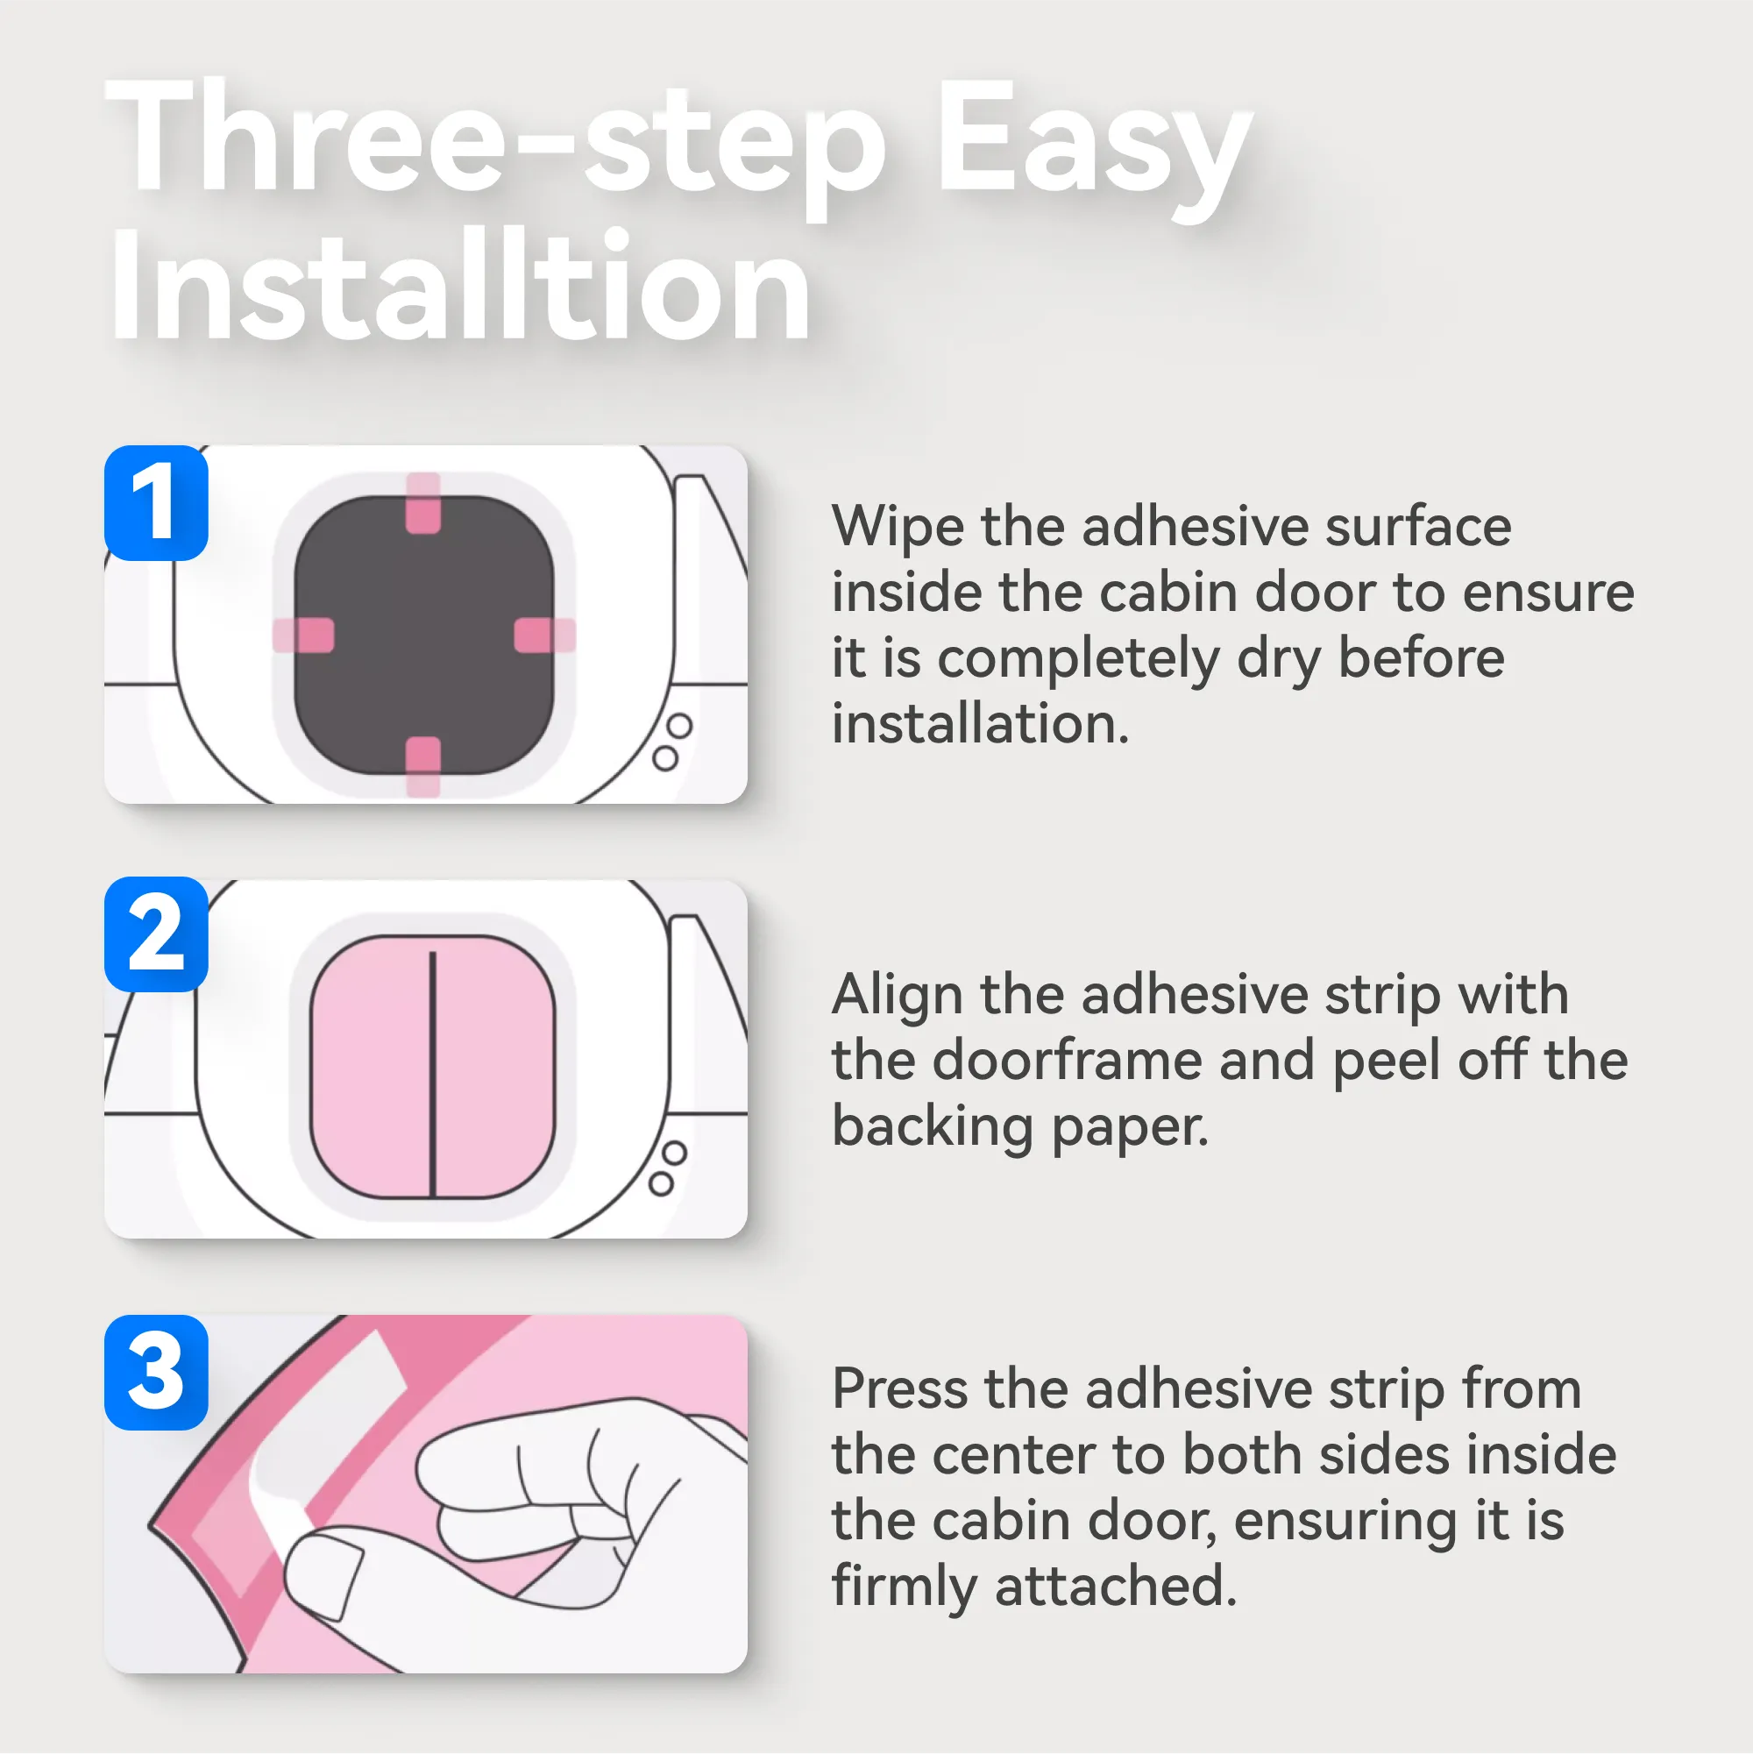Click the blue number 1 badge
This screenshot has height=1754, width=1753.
(156, 502)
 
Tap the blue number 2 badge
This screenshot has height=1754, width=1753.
(156, 934)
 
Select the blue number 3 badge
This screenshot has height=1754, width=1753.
(156, 1372)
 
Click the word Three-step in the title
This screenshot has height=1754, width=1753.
(494, 146)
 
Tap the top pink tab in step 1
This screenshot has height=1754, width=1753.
(423, 503)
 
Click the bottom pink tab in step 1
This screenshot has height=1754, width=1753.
(423, 767)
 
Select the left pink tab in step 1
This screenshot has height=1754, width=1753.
(303, 635)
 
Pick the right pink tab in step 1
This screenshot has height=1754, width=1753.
(544, 635)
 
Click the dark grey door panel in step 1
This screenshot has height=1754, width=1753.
(424, 636)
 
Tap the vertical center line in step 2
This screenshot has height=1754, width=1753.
(433, 1073)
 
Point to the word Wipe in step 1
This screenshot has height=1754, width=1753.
(897, 527)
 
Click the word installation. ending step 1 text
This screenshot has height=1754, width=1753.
(981, 723)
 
